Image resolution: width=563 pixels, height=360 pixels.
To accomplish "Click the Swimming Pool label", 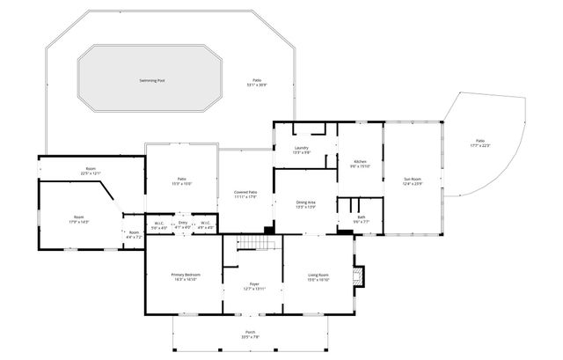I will (x=151, y=80).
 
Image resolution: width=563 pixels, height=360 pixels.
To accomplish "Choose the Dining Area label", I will (x=305, y=204).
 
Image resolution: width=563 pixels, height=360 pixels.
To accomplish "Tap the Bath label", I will (x=361, y=218).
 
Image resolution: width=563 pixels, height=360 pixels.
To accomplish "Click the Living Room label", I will (x=318, y=276).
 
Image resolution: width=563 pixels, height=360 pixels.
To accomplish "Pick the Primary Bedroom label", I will (x=186, y=276).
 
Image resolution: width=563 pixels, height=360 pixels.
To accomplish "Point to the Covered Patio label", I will (x=245, y=193).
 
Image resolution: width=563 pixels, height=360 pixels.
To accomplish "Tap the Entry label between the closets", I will (x=183, y=224).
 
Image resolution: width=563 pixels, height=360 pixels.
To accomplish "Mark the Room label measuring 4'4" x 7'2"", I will (x=133, y=234).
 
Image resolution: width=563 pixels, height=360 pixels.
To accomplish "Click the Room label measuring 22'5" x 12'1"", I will (x=90, y=170).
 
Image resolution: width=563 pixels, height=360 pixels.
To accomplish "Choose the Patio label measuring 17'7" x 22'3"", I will (x=479, y=142).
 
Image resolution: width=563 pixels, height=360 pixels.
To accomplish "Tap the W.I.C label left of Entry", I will (x=159, y=224).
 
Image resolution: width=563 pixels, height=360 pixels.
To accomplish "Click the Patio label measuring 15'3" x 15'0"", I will (x=180, y=180).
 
